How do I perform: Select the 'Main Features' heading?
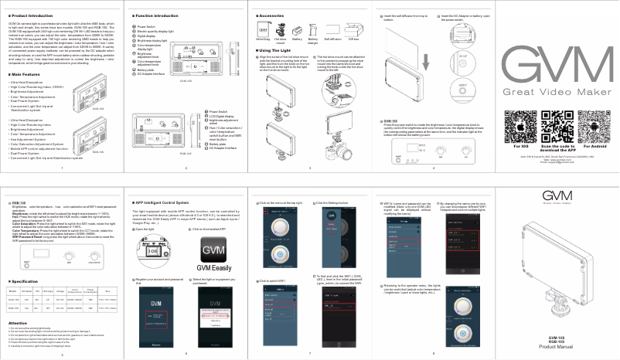tap(26, 74)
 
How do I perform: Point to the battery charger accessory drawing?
tap(313, 28)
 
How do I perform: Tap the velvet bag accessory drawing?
tap(264, 28)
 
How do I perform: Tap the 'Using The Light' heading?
tap(278, 50)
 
